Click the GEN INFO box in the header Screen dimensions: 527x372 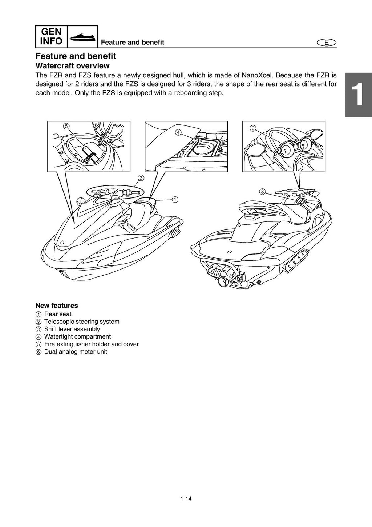coord(51,36)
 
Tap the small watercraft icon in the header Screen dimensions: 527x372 coord(83,37)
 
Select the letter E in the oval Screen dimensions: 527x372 coord(326,43)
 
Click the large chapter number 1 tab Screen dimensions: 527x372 coord(358,94)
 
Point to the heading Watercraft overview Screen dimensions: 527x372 coord(72,66)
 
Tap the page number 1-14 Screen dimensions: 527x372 coord(186,499)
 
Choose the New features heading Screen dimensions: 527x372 coord(56,306)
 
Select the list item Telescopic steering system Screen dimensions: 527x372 coord(81,322)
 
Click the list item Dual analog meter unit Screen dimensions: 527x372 coord(75,352)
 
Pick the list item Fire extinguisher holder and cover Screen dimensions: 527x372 coord(91,344)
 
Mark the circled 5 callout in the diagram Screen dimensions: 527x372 coord(66,126)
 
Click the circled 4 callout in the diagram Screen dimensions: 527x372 coord(178,132)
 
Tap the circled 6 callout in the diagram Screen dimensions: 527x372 coord(253,128)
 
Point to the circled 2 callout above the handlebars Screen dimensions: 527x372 coord(141,178)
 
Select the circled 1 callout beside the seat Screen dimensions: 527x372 coord(175,199)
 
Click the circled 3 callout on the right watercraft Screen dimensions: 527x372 coord(262,192)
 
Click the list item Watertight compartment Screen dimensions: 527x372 coord(77,337)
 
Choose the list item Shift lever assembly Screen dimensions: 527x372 coord(72,329)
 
